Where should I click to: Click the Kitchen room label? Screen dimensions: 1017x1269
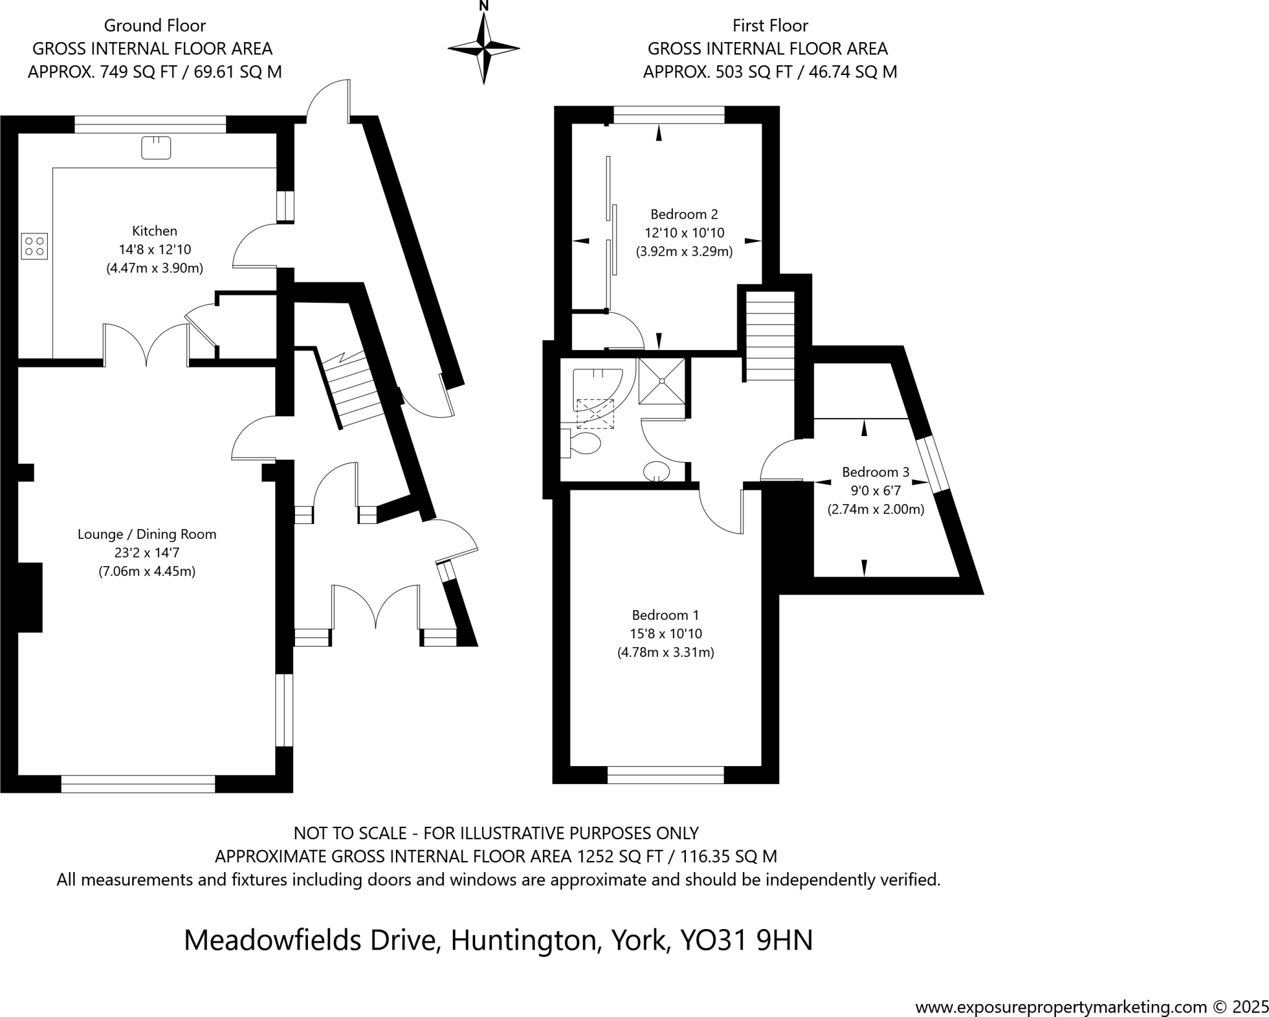click(x=154, y=231)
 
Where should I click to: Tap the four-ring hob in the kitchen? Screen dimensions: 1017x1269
click(x=34, y=245)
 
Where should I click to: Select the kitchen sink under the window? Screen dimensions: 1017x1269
click(x=156, y=147)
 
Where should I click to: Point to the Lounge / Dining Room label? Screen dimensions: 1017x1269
click(x=147, y=534)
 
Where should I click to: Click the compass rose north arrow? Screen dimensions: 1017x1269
click(x=484, y=47)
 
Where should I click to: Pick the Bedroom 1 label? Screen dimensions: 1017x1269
click(x=665, y=615)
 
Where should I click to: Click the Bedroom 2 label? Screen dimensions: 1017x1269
click(x=684, y=214)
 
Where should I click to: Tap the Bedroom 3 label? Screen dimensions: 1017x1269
click(x=876, y=472)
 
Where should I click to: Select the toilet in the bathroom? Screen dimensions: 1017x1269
click(x=582, y=443)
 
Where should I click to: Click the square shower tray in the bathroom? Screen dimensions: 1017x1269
click(x=662, y=380)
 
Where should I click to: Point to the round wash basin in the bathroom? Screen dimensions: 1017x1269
click(x=657, y=471)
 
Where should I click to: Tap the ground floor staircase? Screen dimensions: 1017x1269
click(x=353, y=390)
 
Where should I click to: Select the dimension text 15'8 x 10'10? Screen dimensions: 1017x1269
click(x=665, y=634)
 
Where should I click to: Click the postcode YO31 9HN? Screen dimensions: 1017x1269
click(x=746, y=940)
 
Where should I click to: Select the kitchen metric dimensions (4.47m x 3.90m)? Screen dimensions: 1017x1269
click(x=154, y=268)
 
